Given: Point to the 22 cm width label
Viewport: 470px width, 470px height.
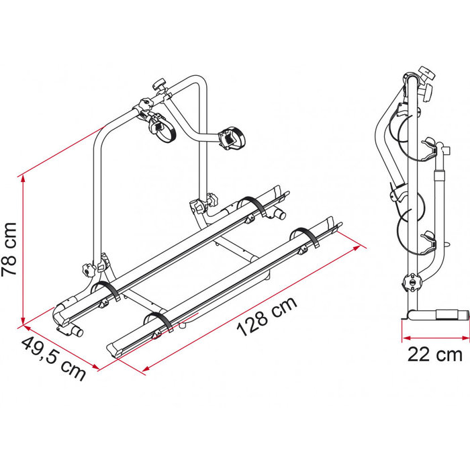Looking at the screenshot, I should coord(434,354).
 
